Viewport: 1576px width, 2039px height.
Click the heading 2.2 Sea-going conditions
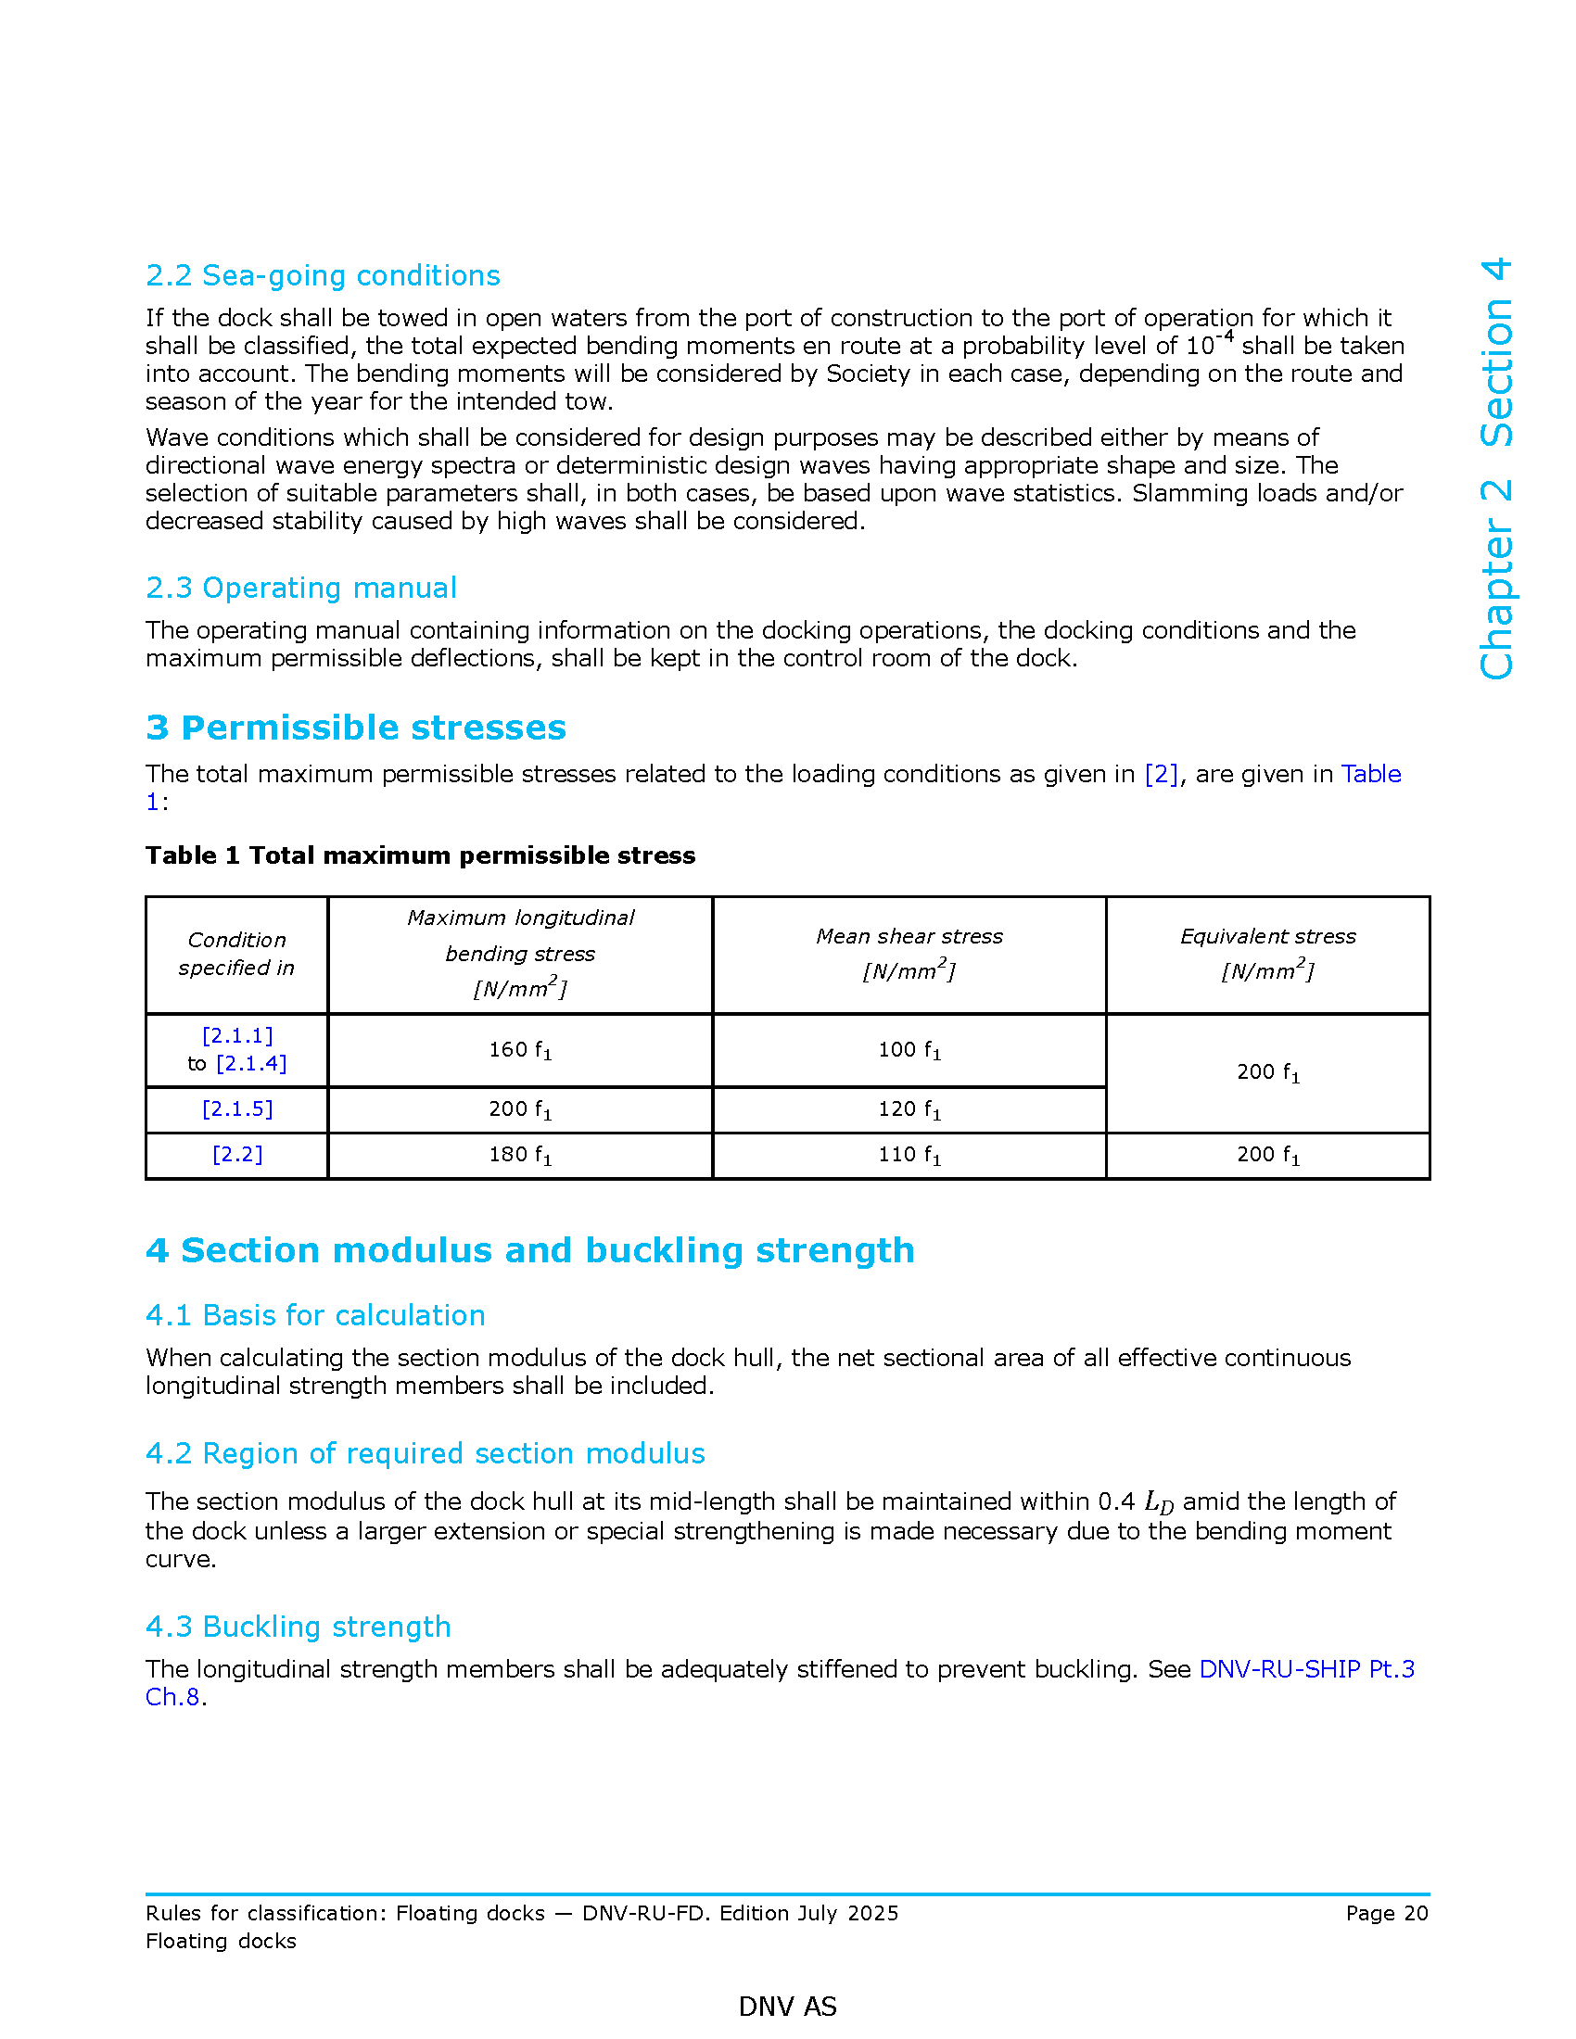coord(323,275)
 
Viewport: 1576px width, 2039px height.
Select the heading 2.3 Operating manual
coord(300,588)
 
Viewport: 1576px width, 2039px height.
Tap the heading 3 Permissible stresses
coord(356,728)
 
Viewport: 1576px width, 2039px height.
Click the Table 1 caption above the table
coord(420,855)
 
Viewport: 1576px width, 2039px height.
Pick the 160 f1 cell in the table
coord(520,1049)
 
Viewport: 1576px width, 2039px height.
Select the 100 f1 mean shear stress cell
coord(909,1049)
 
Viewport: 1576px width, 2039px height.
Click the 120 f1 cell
coord(909,1109)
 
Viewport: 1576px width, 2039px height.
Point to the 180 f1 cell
coord(520,1155)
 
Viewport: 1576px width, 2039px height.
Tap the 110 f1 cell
coord(909,1155)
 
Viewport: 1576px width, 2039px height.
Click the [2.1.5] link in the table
coord(237,1109)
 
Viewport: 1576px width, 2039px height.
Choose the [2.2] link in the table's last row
coord(237,1155)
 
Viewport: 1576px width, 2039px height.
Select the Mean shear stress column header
coord(909,936)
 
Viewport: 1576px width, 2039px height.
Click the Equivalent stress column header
coord(1268,936)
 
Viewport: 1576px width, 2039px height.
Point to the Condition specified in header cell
coord(237,953)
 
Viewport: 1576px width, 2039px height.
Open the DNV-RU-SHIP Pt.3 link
coord(1306,1668)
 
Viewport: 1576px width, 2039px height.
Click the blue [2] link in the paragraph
coord(1161,774)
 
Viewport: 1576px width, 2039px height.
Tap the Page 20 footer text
coord(1387,1913)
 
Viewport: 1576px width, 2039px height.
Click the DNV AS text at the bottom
coord(787,2006)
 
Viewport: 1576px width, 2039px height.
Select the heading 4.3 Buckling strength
coord(298,1627)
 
